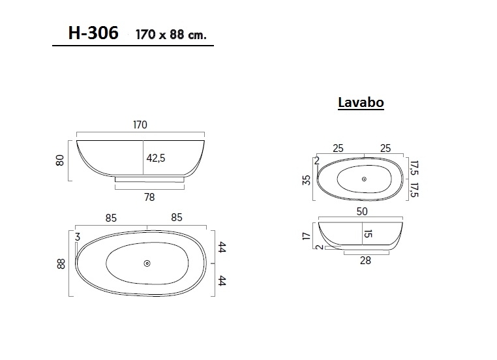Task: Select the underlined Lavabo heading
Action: [360, 103]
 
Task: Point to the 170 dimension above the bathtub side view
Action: [140, 125]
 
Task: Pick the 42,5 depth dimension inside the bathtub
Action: [156, 158]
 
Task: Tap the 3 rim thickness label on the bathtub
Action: [77, 237]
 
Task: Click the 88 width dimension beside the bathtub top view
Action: [61, 264]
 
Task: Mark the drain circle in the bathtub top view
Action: [147, 263]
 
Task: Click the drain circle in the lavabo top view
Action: [364, 179]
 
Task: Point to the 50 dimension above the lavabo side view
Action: [363, 211]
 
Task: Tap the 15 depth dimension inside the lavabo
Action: [369, 233]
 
